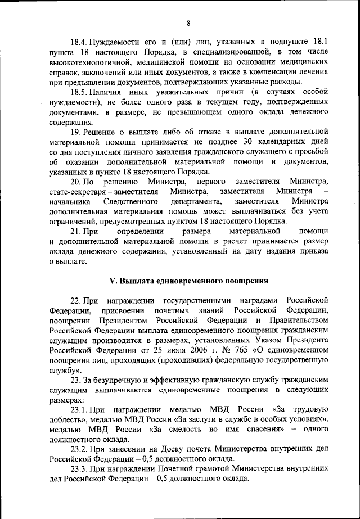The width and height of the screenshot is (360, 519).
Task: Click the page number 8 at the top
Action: click(188, 23)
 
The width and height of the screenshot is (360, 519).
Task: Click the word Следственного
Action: click(131, 201)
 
